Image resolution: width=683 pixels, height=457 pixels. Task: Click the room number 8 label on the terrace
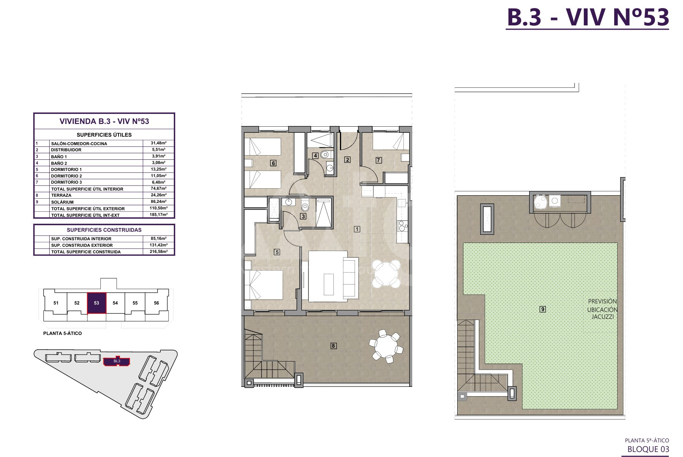[333, 346]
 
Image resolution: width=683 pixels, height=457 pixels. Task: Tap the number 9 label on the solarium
[543, 309]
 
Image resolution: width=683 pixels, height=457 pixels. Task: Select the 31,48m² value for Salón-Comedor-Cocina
[158, 143]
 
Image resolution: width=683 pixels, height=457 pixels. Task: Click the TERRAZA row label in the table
[61, 195]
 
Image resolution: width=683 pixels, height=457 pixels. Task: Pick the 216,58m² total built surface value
[158, 251]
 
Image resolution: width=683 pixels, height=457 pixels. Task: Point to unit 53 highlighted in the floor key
[97, 303]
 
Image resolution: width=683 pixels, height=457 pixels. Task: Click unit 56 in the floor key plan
[157, 303]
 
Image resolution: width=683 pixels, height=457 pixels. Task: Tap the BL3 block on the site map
[117, 362]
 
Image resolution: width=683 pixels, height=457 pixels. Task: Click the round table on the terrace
[386, 346]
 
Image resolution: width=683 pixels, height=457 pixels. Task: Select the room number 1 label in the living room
[357, 229]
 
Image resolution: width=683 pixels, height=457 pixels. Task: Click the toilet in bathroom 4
[325, 155]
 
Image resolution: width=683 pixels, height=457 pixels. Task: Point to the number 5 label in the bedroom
[277, 252]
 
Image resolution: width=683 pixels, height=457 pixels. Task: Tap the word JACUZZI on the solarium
[603, 317]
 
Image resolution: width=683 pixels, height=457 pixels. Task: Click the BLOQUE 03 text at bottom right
[648, 449]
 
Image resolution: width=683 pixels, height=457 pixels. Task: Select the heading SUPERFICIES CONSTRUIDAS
[104, 230]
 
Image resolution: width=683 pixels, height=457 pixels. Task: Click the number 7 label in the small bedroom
[379, 160]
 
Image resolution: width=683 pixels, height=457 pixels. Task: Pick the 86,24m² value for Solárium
[158, 201]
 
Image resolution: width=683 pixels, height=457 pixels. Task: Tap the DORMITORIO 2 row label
[67, 176]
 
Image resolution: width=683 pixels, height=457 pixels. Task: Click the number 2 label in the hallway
[347, 160]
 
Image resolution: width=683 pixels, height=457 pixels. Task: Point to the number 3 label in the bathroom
[303, 216]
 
